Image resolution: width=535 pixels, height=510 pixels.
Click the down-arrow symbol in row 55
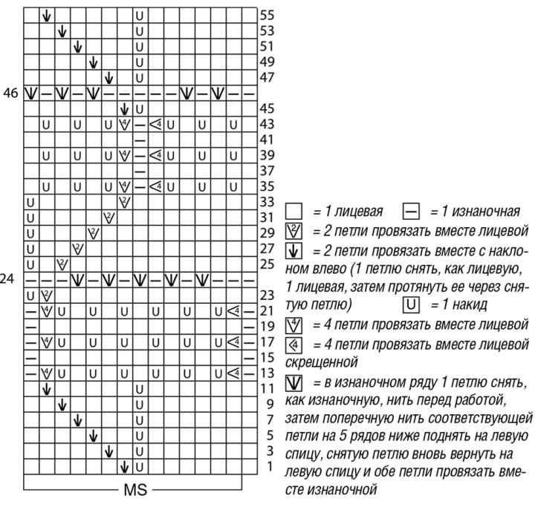tap(46, 15)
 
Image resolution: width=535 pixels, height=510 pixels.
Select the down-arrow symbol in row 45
tap(124, 109)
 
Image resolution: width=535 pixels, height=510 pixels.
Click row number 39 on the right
tap(267, 155)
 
